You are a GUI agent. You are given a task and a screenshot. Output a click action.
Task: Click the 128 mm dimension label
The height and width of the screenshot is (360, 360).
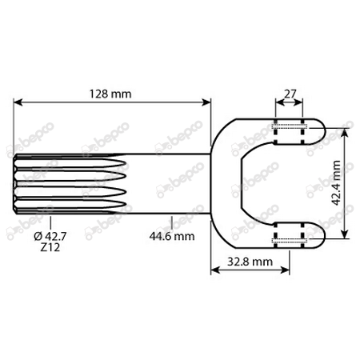click(x=110, y=94)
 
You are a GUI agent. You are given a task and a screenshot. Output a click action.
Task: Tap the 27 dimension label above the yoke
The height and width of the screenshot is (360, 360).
click(x=290, y=94)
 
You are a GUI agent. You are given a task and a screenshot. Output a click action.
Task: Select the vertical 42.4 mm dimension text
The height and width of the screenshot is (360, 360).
click(x=336, y=183)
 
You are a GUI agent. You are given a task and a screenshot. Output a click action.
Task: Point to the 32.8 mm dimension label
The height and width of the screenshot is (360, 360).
click(x=250, y=262)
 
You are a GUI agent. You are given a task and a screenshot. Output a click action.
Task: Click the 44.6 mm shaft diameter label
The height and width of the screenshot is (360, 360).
click(x=172, y=236)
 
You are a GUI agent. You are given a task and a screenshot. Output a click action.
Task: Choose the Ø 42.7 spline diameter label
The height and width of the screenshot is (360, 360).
click(x=50, y=236)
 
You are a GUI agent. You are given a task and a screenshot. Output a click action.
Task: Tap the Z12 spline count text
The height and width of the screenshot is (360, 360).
click(x=50, y=247)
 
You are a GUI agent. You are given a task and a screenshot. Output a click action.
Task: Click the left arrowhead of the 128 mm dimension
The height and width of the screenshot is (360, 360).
click(x=18, y=102)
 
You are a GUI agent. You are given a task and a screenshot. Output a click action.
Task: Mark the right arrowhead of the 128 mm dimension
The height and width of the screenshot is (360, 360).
click(x=206, y=102)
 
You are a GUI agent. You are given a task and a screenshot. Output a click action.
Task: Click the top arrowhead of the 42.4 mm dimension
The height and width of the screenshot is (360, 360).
click(x=346, y=133)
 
